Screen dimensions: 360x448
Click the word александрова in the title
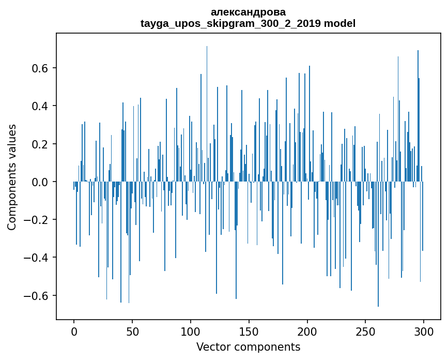(x=248, y=12)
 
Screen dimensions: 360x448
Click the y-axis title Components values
(x=12, y=177)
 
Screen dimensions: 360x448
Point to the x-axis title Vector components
(x=248, y=347)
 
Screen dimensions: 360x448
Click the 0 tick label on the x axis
(x=74, y=332)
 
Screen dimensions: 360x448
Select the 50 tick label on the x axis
(x=132, y=332)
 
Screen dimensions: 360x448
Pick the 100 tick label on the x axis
(x=191, y=332)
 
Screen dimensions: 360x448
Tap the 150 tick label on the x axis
(x=249, y=332)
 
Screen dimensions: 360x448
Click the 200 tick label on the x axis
(x=307, y=332)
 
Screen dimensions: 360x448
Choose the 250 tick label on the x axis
(x=365, y=332)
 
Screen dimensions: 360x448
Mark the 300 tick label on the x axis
(x=424, y=332)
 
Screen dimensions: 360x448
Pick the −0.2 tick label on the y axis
(x=37, y=220)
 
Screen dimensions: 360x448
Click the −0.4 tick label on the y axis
(x=37, y=258)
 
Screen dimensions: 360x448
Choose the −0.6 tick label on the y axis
(x=37, y=296)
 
